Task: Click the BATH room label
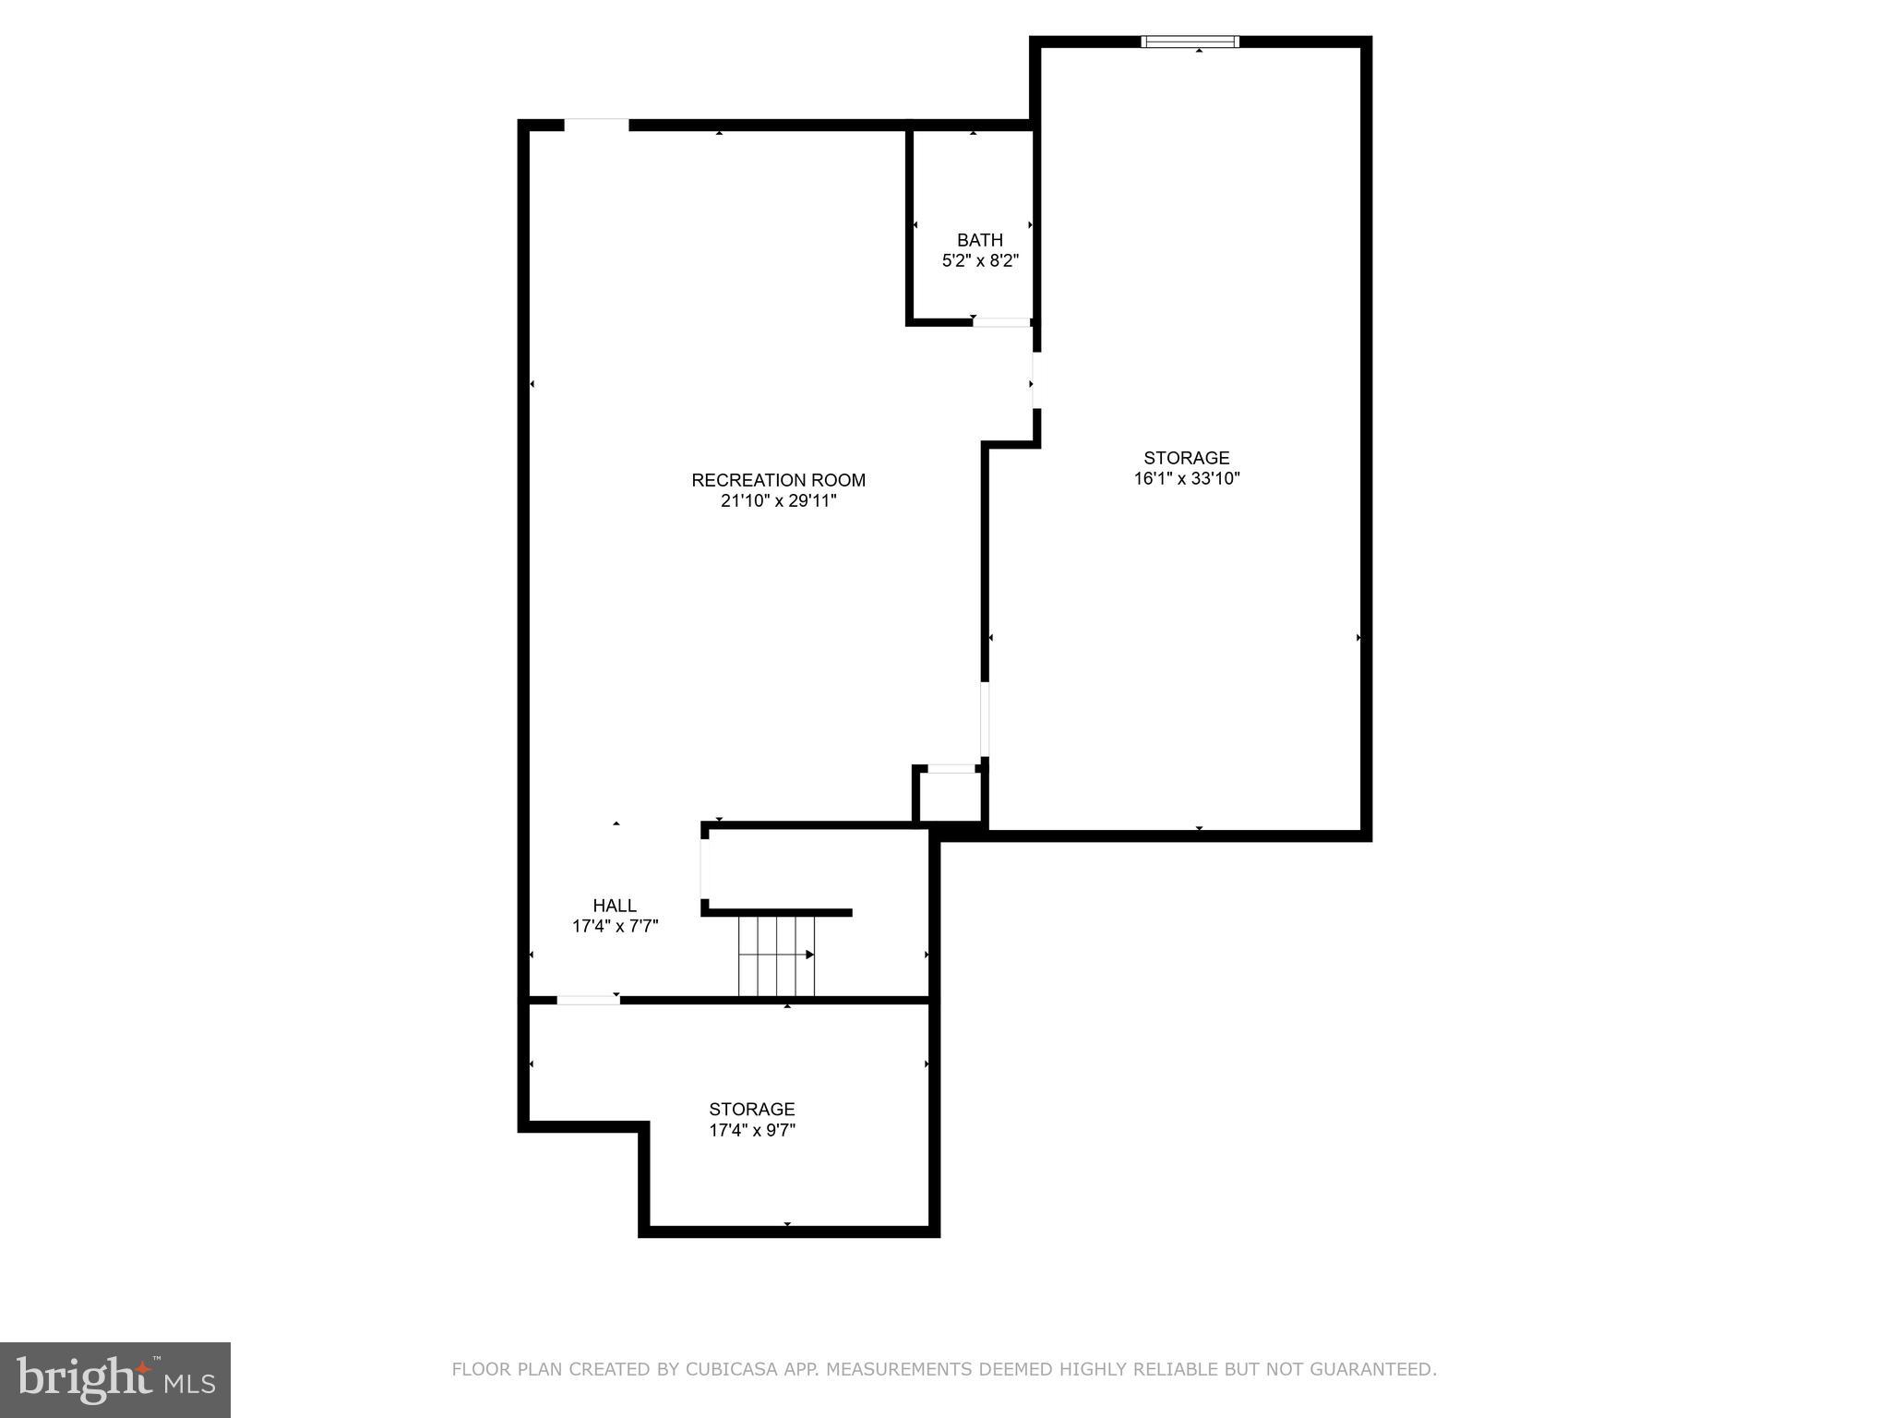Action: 979,240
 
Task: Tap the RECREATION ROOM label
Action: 778,480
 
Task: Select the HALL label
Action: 615,906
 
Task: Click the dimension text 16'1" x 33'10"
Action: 1187,478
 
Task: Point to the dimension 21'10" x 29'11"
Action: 778,501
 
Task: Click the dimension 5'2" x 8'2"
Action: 980,261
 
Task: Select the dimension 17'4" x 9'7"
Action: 752,1130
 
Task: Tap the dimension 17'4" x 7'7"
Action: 615,926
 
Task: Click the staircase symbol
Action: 777,955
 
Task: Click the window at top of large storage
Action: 1190,42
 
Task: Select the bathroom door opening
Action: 1001,322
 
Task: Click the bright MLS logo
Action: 115,1379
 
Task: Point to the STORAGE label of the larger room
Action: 1187,458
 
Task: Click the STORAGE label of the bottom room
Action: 752,1109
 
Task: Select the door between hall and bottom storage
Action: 588,1000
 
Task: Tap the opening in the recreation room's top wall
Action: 596,125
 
